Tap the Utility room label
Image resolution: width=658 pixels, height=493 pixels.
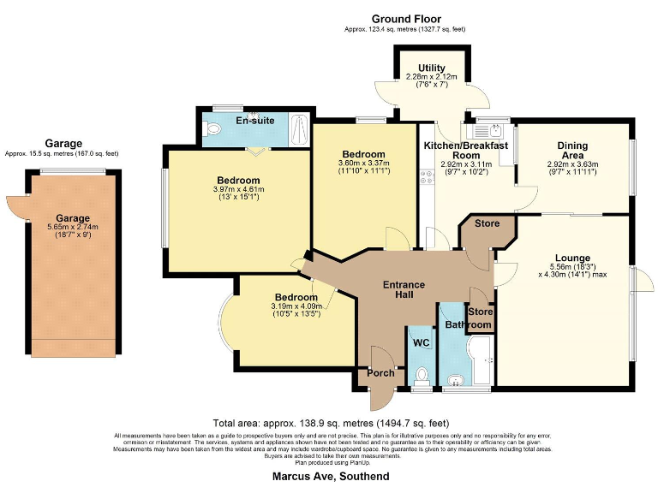(x=431, y=68)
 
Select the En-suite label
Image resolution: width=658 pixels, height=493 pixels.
(x=254, y=121)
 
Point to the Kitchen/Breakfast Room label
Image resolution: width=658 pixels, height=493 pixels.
(x=466, y=151)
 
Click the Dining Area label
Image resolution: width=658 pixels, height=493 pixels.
(x=572, y=146)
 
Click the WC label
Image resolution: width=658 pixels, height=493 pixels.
(x=421, y=343)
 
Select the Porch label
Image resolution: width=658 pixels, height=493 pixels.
(x=380, y=372)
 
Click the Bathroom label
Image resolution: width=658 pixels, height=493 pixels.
(x=468, y=325)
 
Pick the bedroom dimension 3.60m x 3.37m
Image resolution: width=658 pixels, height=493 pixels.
(x=364, y=163)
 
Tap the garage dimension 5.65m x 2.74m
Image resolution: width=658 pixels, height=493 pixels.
(x=73, y=228)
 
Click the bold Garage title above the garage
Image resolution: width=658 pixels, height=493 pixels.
(x=64, y=145)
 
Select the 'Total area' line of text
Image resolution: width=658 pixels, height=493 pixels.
(x=330, y=423)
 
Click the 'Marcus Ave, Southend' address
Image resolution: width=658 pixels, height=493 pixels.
(x=330, y=476)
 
